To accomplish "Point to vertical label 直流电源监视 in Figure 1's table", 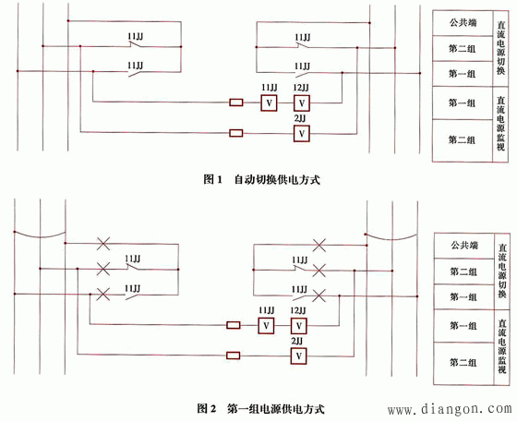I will tap(500, 123).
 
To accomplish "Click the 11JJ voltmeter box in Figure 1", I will tap(268, 102).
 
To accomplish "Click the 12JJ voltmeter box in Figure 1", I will tap(300, 102).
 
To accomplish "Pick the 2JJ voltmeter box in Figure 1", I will tap(300, 134).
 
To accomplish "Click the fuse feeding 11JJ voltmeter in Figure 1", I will tap(236, 102).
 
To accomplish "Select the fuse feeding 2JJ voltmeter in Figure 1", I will tap(236, 134).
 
